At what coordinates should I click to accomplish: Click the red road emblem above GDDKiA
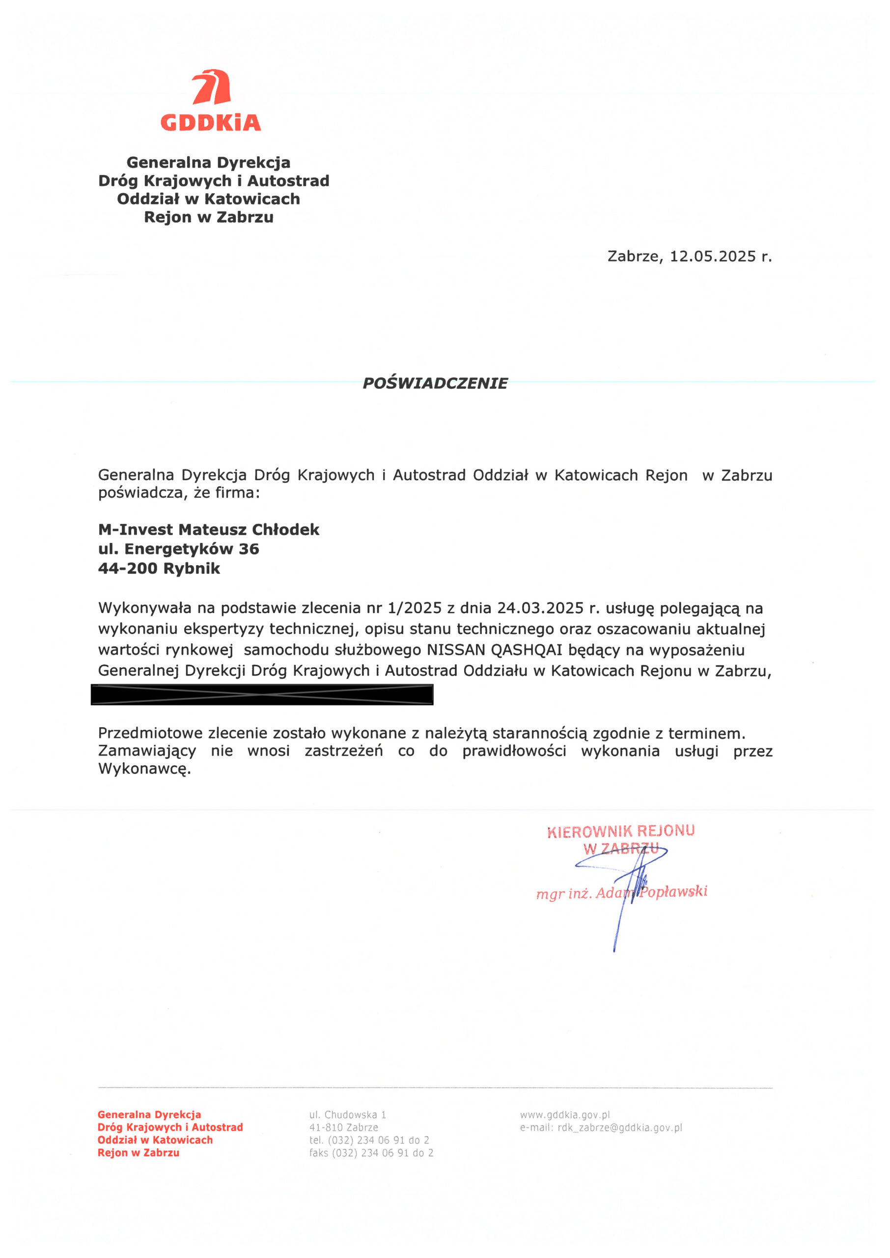(211, 87)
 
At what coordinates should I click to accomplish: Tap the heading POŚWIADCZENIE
(435, 383)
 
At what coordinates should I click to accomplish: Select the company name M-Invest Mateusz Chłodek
(208, 530)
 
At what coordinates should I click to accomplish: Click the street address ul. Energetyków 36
(178, 549)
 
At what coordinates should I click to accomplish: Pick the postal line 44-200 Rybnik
(159, 569)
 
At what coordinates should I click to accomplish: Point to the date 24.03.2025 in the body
(540, 608)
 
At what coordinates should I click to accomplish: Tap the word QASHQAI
(526, 650)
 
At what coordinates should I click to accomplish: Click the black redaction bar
(262, 694)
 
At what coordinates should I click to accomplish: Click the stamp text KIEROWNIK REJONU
(620, 831)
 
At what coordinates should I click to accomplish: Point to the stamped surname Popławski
(674, 892)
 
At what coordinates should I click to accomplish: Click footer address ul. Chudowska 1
(347, 1115)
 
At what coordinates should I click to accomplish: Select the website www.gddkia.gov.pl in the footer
(564, 1115)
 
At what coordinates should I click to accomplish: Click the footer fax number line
(371, 1153)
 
